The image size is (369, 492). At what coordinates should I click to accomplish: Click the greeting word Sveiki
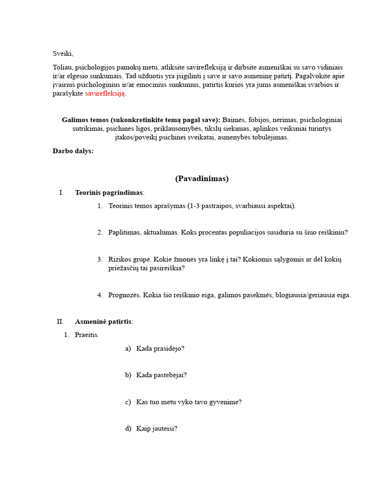(x=63, y=53)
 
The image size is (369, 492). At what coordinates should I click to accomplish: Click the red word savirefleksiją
(x=105, y=94)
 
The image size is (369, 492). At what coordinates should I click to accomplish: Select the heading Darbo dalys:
(x=73, y=151)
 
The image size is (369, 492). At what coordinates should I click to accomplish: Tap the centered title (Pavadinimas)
(x=202, y=179)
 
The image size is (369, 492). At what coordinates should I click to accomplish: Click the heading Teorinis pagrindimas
(x=109, y=193)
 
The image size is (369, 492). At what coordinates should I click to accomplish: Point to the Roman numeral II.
(x=60, y=321)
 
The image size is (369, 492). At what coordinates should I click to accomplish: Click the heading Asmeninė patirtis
(x=103, y=321)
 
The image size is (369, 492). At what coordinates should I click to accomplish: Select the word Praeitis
(x=86, y=335)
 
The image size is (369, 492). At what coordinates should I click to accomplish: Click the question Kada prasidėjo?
(x=160, y=348)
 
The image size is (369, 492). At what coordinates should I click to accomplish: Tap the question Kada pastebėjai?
(x=161, y=375)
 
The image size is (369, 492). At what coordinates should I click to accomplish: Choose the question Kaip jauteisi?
(x=157, y=428)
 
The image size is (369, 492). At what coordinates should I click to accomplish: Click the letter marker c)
(x=128, y=402)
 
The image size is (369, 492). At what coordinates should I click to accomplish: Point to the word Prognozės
(x=123, y=295)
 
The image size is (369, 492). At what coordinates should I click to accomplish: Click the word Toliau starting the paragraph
(x=63, y=67)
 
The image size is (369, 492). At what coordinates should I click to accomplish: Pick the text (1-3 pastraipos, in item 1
(x=211, y=206)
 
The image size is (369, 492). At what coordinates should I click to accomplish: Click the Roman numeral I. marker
(x=61, y=193)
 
